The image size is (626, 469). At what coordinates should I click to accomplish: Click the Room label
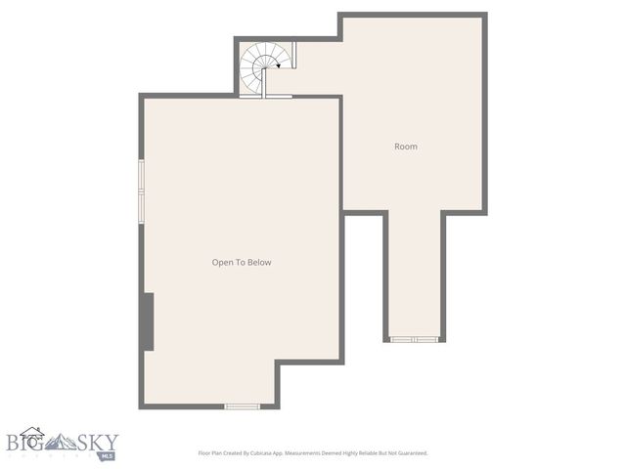(x=405, y=147)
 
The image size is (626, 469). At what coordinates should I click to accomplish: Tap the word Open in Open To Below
(x=223, y=262)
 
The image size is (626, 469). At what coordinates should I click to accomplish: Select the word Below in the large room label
(x=258, y=262)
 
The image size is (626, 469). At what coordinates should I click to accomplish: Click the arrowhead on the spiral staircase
(x=280, y=66)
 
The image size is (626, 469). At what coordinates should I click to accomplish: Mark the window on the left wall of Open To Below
(x=142, y=191)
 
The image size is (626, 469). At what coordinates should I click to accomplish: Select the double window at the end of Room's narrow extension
(x=415, y=339)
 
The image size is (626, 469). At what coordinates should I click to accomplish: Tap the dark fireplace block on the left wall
(x=148, y=320)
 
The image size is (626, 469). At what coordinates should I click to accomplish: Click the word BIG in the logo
(x=25, y=442)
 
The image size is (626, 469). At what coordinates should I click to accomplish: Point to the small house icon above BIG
(x=32, y=431)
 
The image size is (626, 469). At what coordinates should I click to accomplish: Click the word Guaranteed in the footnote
(x=408, y=453)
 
